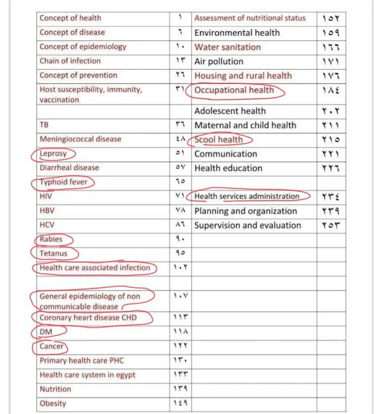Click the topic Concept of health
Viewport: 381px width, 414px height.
click(x=70, y=18)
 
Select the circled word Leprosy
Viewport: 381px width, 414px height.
click(x=53, y=154)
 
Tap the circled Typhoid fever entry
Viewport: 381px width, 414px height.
click(x=63, y=182)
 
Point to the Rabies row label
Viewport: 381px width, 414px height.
click(x=51, y=239)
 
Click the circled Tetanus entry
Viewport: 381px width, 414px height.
click(x=54, y=254)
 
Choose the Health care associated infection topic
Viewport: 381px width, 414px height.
click(x=95, y=268)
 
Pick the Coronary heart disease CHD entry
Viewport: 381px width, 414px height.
click(x=88, y=318)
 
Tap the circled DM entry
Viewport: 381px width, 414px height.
click(x=45, y=332)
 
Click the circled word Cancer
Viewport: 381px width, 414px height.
click(x=52, y=346)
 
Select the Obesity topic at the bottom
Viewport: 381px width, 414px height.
click(x=53, y=404)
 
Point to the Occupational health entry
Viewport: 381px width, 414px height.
click(x=234, y=90)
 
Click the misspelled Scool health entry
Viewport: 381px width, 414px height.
click(x=218, y=140)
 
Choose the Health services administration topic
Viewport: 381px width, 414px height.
click(x=247, y=196)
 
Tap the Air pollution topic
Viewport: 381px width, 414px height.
click(x=219, y=61)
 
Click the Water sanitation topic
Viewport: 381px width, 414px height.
click(x=228, y=47)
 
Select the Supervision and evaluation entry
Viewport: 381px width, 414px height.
click(x=247, y=225)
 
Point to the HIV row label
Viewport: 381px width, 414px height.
click(x=46, y=196)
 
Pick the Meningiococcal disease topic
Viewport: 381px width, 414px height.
click(x=80, y=139)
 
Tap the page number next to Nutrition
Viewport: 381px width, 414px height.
click(x=180, y=389)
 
